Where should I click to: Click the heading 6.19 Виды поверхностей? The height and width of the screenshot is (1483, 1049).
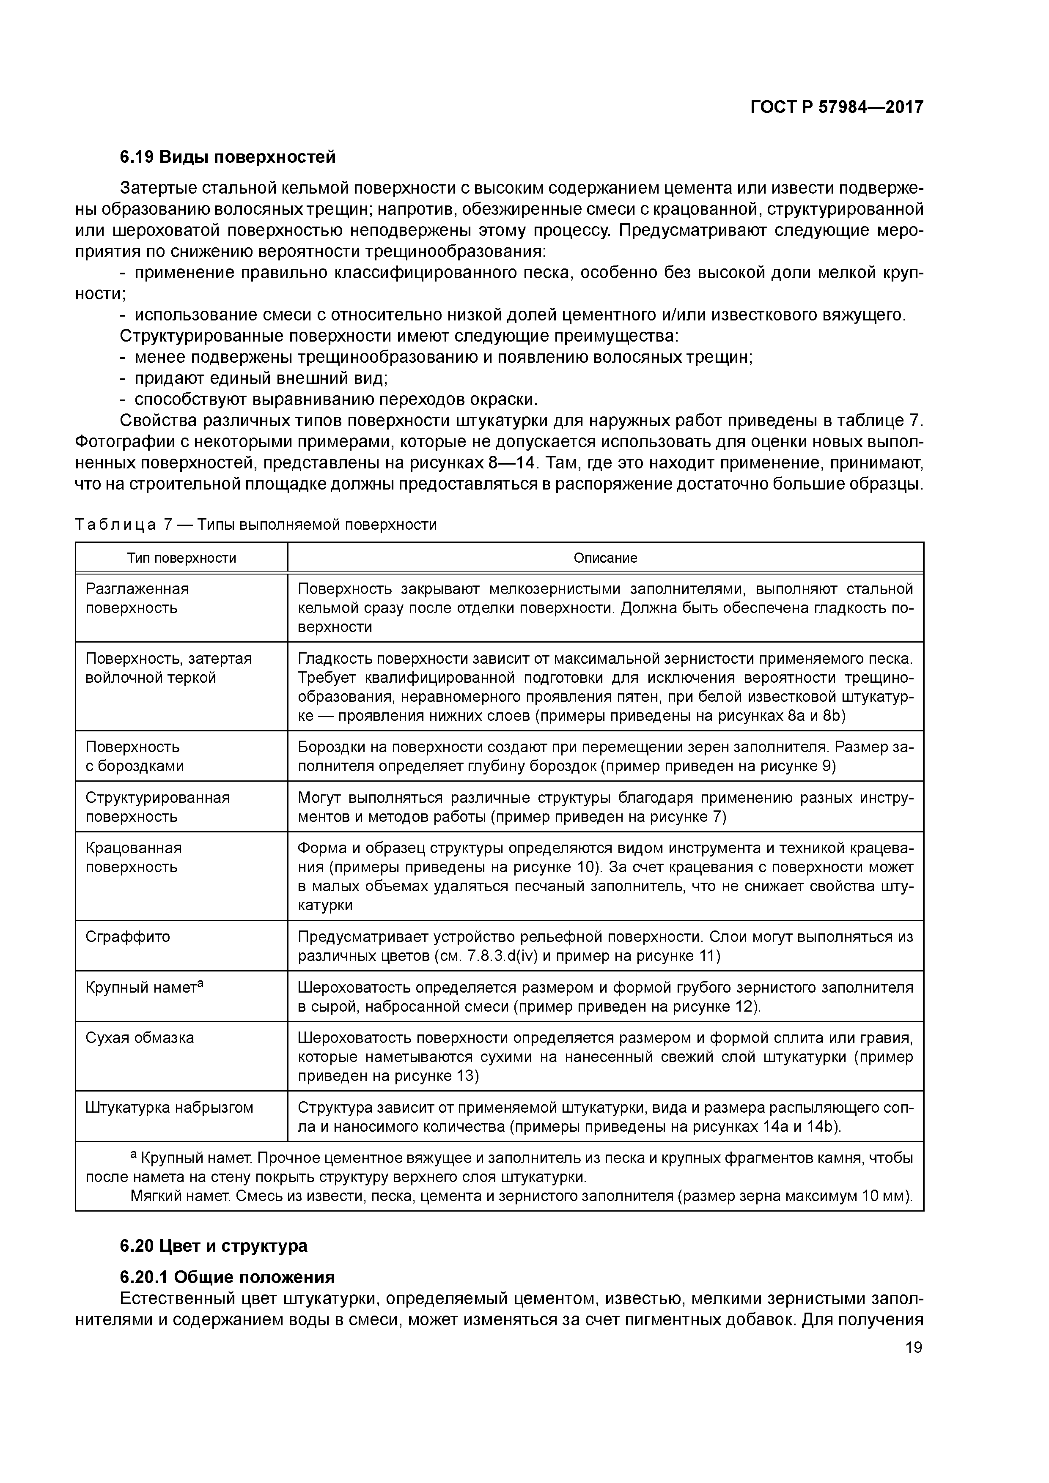(228, 157)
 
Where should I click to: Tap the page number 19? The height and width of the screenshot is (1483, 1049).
(913, 1347)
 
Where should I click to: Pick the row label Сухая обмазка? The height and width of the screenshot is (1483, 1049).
(140, 1038)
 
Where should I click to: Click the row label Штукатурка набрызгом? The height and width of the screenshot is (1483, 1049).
(169, 1108)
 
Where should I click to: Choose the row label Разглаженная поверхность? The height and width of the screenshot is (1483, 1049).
(137, 598)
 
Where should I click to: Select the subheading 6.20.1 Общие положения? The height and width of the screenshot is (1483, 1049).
(228, 1278)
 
